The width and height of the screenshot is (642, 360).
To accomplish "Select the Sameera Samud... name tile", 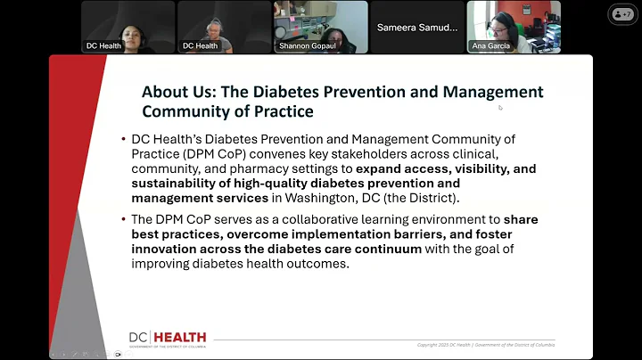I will [x=416, y=28].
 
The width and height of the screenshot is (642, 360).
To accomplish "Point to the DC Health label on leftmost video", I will [x=103, y=45].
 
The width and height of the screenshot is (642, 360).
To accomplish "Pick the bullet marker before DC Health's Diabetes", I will [x=124, y=139].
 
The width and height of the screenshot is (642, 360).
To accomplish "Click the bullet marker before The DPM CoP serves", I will [x=124, y=219].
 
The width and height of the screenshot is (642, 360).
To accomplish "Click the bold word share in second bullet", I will [x=523, y=219].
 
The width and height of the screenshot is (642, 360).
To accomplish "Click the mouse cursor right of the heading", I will [x=500, y=107].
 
